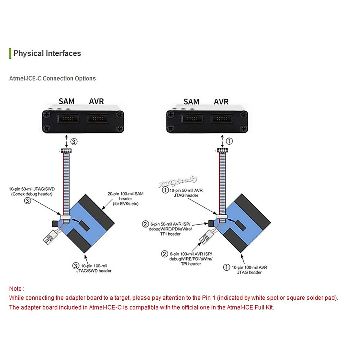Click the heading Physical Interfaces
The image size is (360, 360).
[x=47, y=53]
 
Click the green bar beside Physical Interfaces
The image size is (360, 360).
[x=10, y=53]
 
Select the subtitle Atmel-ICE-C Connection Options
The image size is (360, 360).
[x=52, y=79]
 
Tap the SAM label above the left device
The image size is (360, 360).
[x=66, y=101]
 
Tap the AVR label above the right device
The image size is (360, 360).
[x=221, y=102]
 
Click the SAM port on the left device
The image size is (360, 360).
[x=68, y=118]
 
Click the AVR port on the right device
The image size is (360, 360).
[x=222, y=118]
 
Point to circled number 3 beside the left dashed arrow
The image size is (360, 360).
[x=74, y=142]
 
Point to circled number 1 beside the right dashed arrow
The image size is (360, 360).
[x=229, y=141]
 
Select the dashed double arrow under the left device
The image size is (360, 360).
[x=67, y=141]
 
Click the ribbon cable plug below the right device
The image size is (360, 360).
[x=222, y=150]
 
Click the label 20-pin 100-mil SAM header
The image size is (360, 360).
[x=125, y=199]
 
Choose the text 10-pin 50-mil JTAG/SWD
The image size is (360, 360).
[x=32, y=189]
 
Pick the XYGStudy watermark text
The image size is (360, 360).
[x=178, y=181]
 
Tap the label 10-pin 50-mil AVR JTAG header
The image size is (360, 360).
[x=186, y=193]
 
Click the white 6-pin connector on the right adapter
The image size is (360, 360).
[x=206, y=237]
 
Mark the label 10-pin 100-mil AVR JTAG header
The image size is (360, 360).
[x=249, y=270]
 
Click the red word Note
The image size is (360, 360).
[x=15, y=289]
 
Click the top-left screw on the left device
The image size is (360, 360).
[x=46, y=114]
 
